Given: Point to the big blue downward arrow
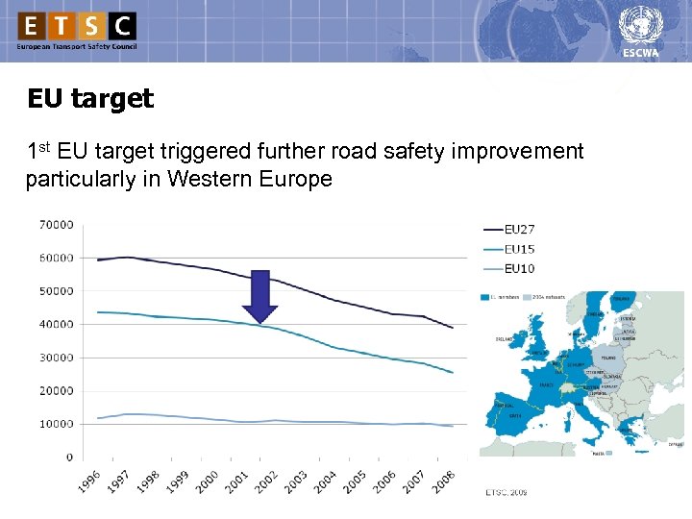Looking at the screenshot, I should click(259, 297).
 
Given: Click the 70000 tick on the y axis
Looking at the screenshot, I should click(56, 225).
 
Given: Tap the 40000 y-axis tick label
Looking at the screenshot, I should click(56, 325).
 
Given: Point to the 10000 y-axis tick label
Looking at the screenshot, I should click(56, 424).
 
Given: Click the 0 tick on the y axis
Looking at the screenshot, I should click(69, 457).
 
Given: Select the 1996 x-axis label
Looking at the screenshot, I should click(92, 481).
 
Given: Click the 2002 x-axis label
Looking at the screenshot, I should click(266, 481).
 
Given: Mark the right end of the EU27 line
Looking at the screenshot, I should click(453, 328).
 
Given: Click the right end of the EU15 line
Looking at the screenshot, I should click(453, 373).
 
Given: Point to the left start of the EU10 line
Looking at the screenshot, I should click(98, 418).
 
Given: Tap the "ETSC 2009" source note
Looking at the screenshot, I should click(505, 492).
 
